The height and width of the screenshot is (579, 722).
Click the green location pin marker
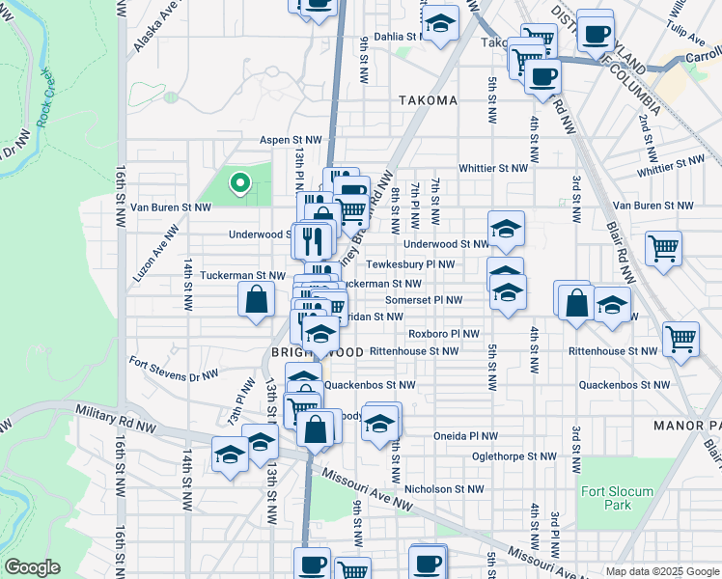[x=238, y=181]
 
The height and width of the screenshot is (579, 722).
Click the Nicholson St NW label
[x=444, y=489]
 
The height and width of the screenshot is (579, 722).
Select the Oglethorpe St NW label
[x=514, y=456]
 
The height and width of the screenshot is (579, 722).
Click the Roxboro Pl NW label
[x=444, y=334]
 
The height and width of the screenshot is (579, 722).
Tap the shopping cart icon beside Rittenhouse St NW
[x=681, y=340]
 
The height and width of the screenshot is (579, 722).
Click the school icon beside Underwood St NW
[x=506, y=230]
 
